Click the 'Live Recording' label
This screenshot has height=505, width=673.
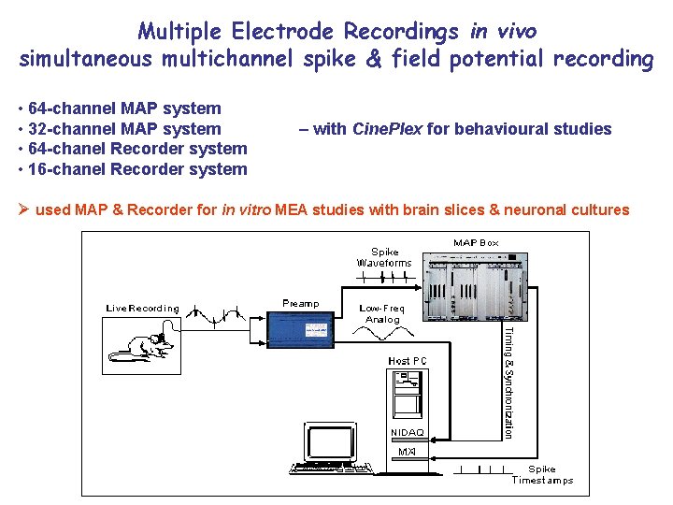point(142,308)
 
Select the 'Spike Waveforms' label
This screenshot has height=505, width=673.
point(384,257)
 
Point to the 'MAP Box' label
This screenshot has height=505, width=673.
point(476,243)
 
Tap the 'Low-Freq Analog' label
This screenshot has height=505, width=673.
point(382,313)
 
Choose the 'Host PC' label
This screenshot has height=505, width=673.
point(408,360)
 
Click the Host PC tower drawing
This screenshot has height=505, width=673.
point(408,393)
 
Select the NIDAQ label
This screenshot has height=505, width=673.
point(407,433)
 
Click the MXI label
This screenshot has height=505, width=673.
point(407,452)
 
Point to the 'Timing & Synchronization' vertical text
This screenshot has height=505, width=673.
point(508,382)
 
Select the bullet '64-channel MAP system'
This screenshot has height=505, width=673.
point(124,108)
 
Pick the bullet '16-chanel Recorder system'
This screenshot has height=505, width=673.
point(137,169)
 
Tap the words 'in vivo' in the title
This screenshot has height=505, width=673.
point(504,31)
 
